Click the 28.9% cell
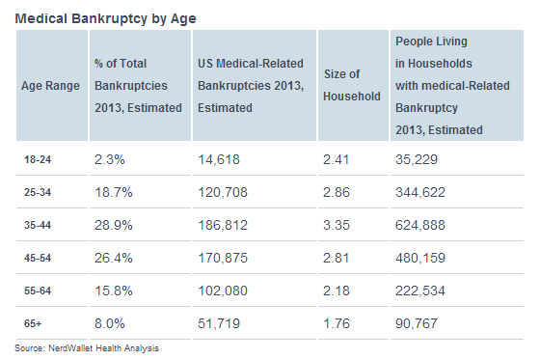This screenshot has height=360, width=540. coord(113,226)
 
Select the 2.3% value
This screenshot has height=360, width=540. coord(109,158)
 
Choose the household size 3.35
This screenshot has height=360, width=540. coord(339,226)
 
